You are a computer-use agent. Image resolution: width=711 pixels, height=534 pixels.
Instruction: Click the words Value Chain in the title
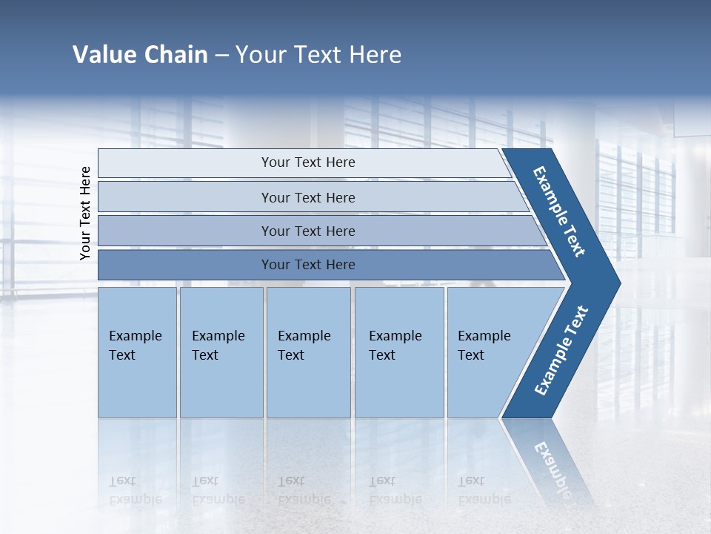coord(140,55)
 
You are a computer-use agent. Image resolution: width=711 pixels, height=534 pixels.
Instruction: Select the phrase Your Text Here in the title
coord(318,55)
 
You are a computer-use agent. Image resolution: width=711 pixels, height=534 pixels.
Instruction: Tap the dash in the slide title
coord(221,56)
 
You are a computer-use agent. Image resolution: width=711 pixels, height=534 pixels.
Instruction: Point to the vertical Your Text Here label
coord(85,213)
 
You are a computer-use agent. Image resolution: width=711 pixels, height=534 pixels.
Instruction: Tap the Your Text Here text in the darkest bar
coord(308,265)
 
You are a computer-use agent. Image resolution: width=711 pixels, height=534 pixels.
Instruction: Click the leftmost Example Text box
coord(137,352)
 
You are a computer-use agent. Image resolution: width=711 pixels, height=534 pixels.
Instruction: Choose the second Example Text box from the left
coord(221,352)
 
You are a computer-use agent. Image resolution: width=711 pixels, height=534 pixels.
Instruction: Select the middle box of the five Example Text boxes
coord(308,352)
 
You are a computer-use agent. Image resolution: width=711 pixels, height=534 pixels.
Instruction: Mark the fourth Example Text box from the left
coord(399,352)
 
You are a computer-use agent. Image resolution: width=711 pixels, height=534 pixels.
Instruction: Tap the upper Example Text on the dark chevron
coord(559,211)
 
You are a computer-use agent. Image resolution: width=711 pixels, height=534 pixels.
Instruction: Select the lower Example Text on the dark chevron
coord(561,351)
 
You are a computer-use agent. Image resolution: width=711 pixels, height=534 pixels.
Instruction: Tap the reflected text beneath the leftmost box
coord(136,490)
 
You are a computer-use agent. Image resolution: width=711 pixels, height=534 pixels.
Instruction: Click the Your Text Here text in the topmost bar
coord(308,162)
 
